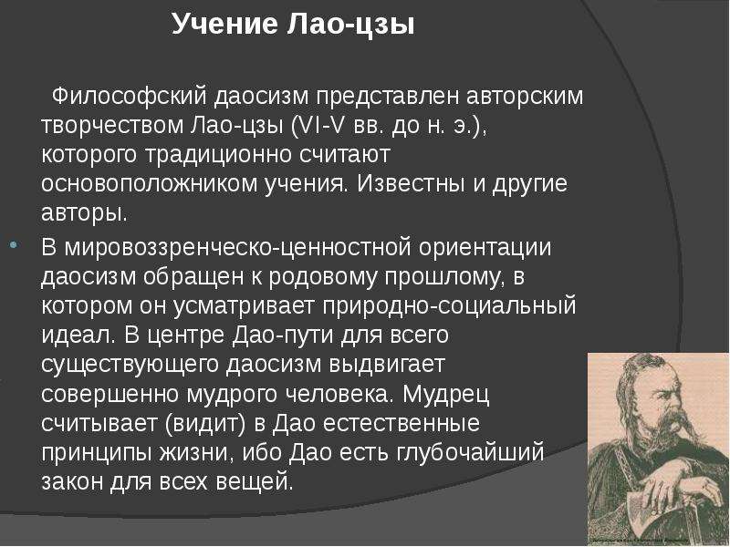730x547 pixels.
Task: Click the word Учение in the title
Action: (x=224, y=24)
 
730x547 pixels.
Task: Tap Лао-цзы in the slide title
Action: (x=350, y=25)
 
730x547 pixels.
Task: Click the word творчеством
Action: (x=111, y=126)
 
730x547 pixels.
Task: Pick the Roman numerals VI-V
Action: (x=318, y=125)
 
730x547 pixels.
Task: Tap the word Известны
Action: (x=412, y=184)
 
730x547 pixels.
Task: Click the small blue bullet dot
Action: (x=13, y=243)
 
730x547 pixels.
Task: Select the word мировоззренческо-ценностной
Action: (x=237, y=248)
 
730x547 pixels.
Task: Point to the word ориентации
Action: (x=485, y=248)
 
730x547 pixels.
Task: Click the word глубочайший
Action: (x=470, y=453)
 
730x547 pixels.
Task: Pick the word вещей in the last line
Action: (x=255, y=481)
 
